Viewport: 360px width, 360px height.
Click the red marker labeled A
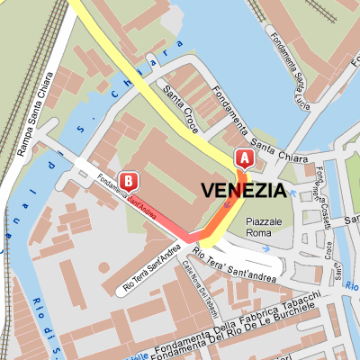[243, 158]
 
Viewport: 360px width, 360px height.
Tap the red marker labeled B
[128, 181]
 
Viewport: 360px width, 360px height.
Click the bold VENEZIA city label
[244, 190]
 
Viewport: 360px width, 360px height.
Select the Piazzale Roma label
[264, 227]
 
